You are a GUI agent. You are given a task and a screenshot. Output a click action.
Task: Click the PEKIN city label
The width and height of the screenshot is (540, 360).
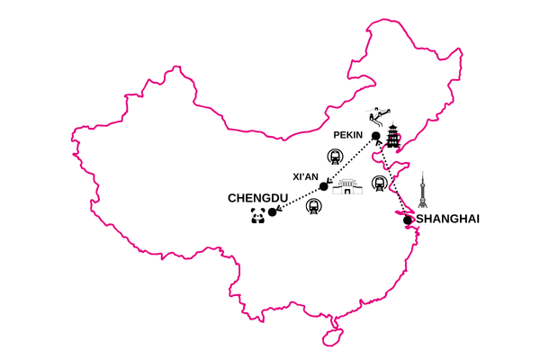point(347,135)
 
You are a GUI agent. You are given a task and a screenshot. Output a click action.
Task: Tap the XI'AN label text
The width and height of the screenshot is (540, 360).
point(307,176)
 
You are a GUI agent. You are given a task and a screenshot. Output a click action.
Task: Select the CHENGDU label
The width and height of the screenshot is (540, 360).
point(257,198)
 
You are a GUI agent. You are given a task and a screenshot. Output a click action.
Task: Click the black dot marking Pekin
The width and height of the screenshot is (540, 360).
point(375,136)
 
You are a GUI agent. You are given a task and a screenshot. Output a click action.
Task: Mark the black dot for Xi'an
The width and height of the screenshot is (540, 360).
point(324,187)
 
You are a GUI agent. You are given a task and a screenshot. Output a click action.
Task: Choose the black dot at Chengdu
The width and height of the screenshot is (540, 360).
point(272,212)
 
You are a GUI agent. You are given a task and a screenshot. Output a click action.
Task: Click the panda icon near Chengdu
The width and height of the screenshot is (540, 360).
point(257,215)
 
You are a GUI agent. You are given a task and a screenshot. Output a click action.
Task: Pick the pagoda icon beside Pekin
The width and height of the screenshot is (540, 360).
point(394,138)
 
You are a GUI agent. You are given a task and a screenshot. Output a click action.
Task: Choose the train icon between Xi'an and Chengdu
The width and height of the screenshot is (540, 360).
point(312,207)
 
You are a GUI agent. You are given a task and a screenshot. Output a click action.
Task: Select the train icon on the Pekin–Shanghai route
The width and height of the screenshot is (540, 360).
point(380,184)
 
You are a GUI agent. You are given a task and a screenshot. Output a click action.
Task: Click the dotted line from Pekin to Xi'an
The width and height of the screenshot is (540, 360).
point(351,161)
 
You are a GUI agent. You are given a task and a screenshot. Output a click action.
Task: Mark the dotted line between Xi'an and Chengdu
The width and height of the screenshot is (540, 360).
point(297,200)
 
